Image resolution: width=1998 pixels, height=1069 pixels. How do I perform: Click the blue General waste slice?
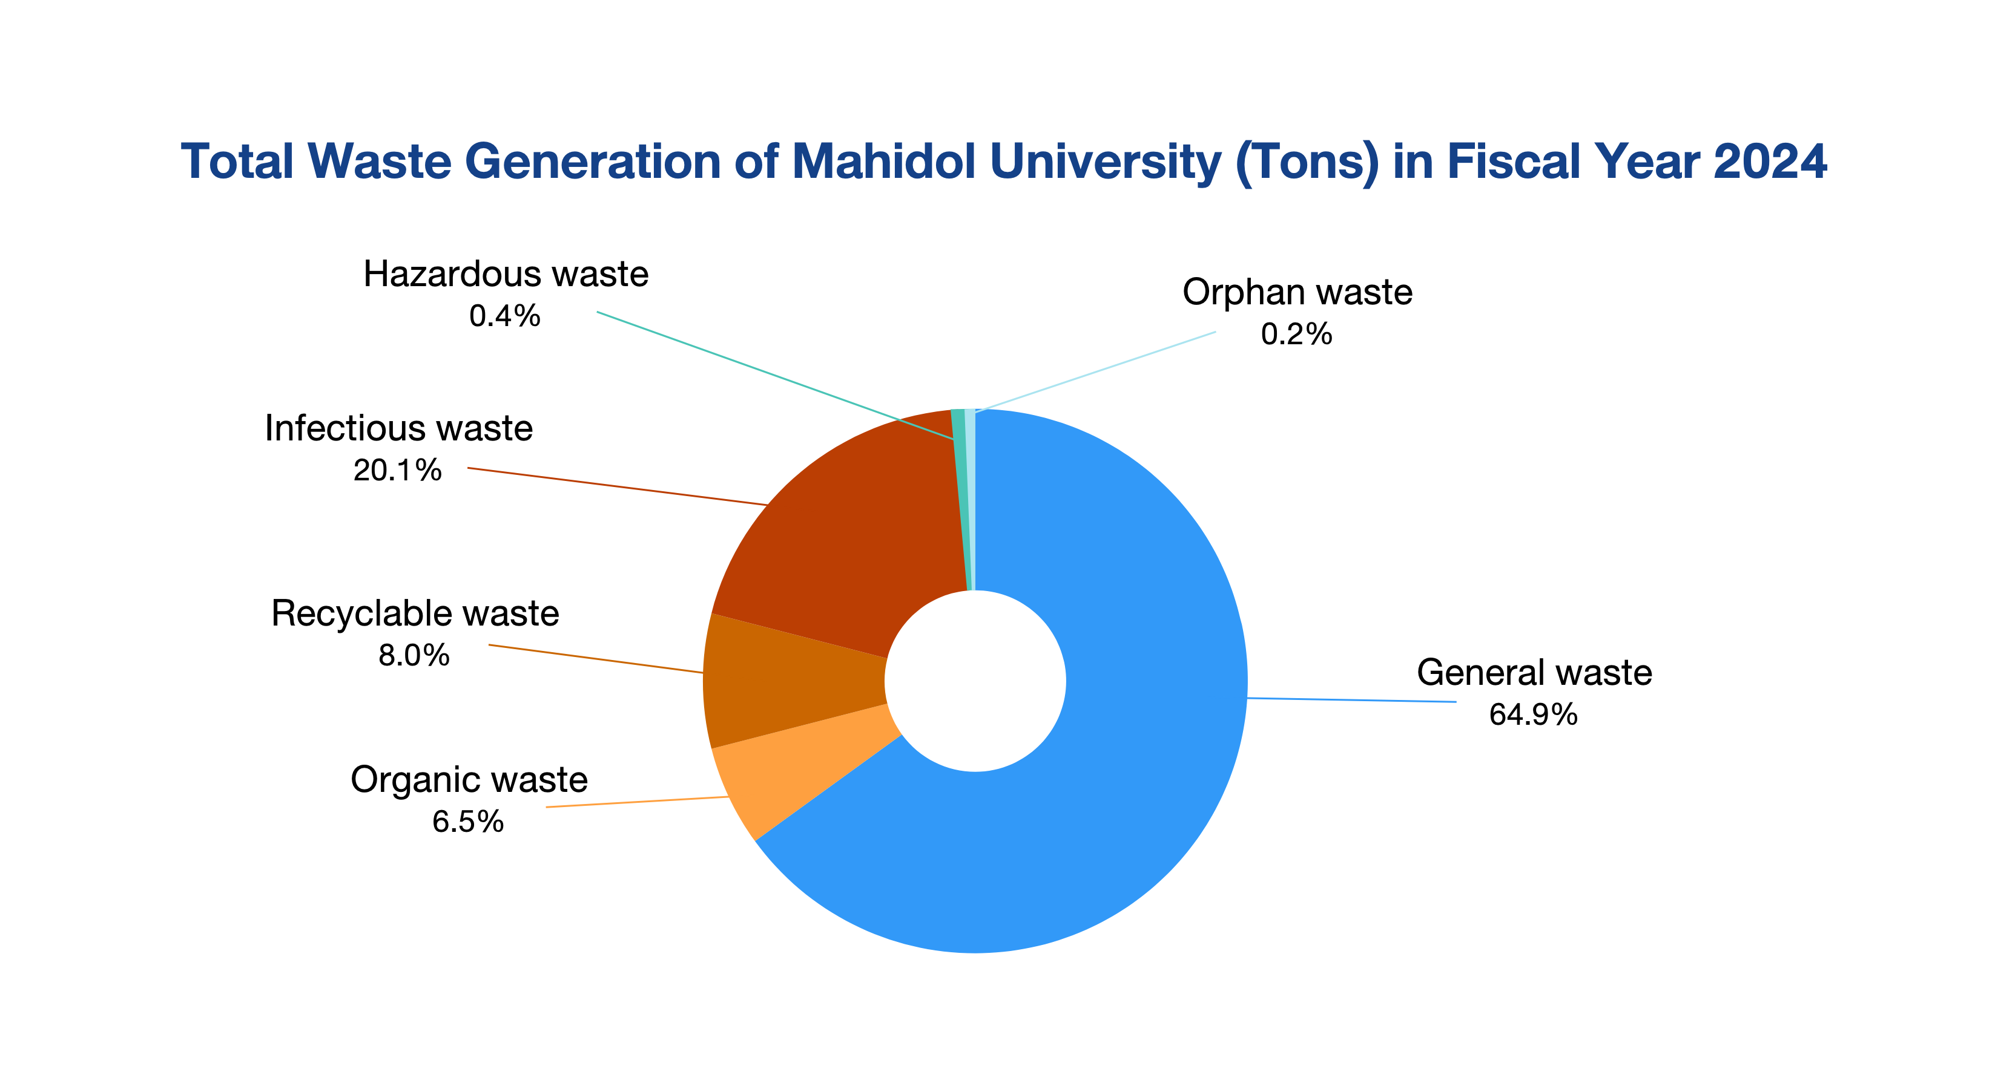click(1125, 775)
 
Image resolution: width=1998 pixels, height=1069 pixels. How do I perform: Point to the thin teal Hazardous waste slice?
click(960, 496)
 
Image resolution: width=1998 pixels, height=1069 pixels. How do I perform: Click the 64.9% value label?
click(1532, 714)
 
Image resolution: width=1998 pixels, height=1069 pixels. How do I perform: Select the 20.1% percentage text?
click(397, 471)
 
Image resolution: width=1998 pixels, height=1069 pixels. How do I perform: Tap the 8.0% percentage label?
click(414, 656)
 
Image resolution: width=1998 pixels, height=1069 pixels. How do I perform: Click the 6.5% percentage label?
click(467, 822)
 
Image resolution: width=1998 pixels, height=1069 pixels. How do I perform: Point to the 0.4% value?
click(504, 316)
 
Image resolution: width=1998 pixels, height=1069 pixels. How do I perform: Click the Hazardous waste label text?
click(506, 275)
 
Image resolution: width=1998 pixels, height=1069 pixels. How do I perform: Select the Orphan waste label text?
click(1297, 293)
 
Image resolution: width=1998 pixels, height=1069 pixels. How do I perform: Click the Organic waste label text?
click(469, 780)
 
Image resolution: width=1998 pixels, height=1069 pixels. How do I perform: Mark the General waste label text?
click(1534, 673)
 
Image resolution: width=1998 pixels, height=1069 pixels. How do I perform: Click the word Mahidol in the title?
click(883, 162)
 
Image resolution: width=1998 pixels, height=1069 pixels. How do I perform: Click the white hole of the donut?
click(975, 681)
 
